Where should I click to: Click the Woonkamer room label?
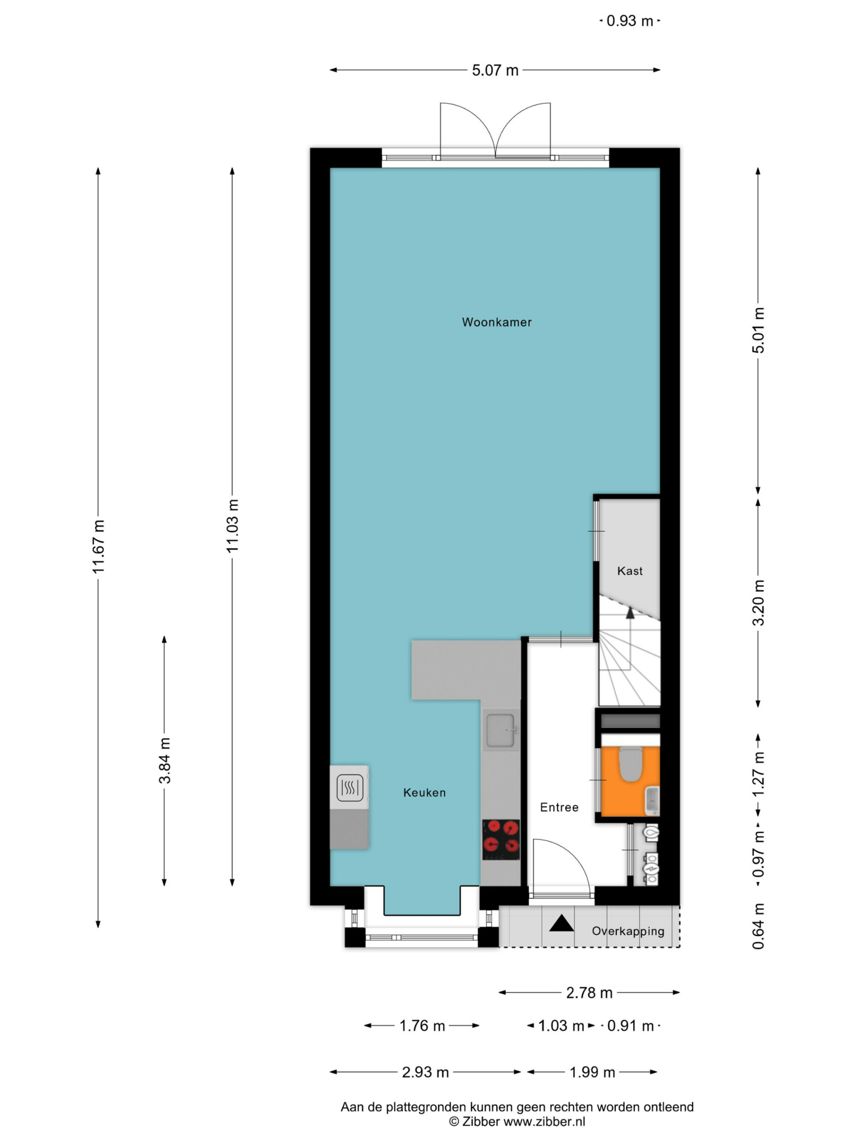coord(496,323)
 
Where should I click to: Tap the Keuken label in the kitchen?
coord(424,792)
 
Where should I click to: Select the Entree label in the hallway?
coord(559,807)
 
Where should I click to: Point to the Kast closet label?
coord(630,571)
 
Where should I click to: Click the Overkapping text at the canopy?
coord(627,931)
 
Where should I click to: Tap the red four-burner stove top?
coord(500,840)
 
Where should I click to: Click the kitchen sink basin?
coord(500,730)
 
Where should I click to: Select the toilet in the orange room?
coord(630,763)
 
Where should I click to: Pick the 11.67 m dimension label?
coord(98,546)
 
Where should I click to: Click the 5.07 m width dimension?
coord(495,70)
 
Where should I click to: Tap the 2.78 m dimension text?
coord(589,993)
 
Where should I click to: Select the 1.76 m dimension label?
coord(422,1025)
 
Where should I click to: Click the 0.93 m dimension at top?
coord(630,21)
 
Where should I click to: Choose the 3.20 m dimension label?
coord(758,602)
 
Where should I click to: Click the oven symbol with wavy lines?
coord(350,788)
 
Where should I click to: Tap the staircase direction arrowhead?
coord(630,612)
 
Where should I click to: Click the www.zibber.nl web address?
coord(544,1121)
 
